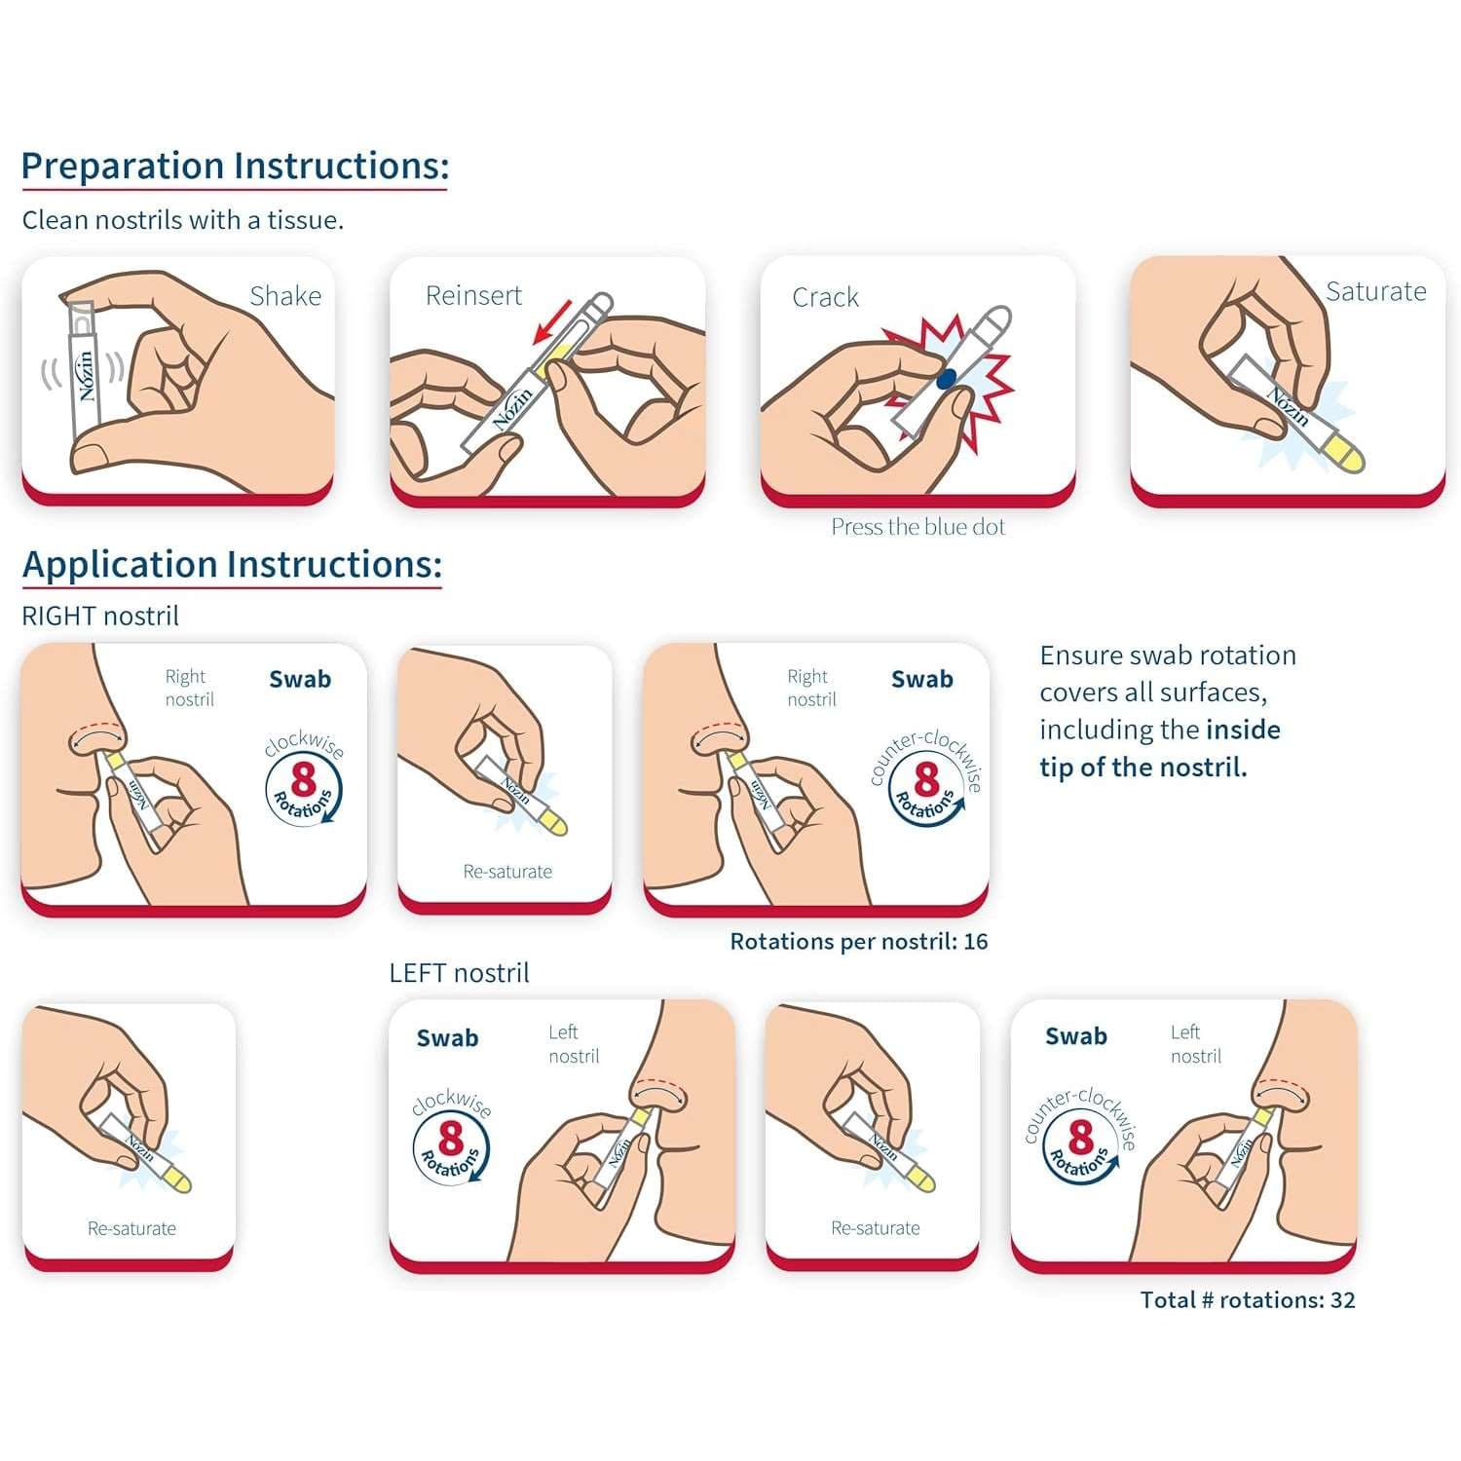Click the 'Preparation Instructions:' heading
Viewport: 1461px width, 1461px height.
235,166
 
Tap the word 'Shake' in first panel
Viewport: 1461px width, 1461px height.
285,296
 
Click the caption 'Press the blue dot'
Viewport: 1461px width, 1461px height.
918,527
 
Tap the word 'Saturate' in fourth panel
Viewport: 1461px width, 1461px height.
1375,292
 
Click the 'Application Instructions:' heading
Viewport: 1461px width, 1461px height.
232,565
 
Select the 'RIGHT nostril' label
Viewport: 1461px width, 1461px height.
100,617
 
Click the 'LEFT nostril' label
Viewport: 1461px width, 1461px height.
459,973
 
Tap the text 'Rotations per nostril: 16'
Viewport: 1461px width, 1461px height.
858,942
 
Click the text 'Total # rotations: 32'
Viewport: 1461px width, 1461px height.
1247,1300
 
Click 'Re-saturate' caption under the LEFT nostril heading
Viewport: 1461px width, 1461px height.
875,1228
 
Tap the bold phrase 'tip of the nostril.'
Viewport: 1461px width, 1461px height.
1143,768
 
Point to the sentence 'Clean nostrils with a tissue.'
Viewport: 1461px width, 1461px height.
183,220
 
